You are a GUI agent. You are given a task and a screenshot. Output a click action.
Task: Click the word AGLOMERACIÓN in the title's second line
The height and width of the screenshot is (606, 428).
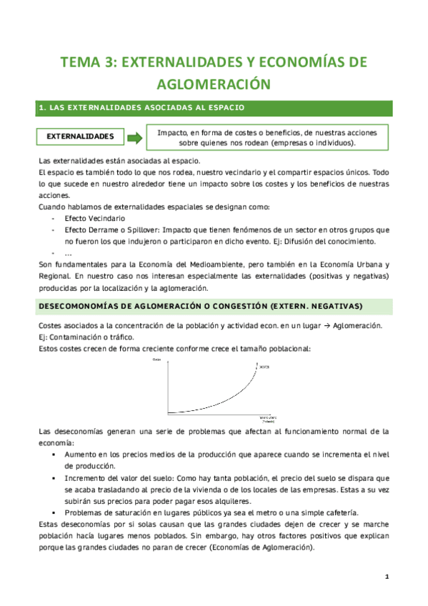[214, 84]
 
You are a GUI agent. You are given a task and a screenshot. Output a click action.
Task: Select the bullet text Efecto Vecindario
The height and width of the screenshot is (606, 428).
[94, 217]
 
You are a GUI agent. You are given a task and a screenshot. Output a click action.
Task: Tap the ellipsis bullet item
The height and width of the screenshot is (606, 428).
[67, 253]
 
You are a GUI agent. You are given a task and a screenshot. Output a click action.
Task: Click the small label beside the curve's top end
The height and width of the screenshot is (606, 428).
[263, 367]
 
